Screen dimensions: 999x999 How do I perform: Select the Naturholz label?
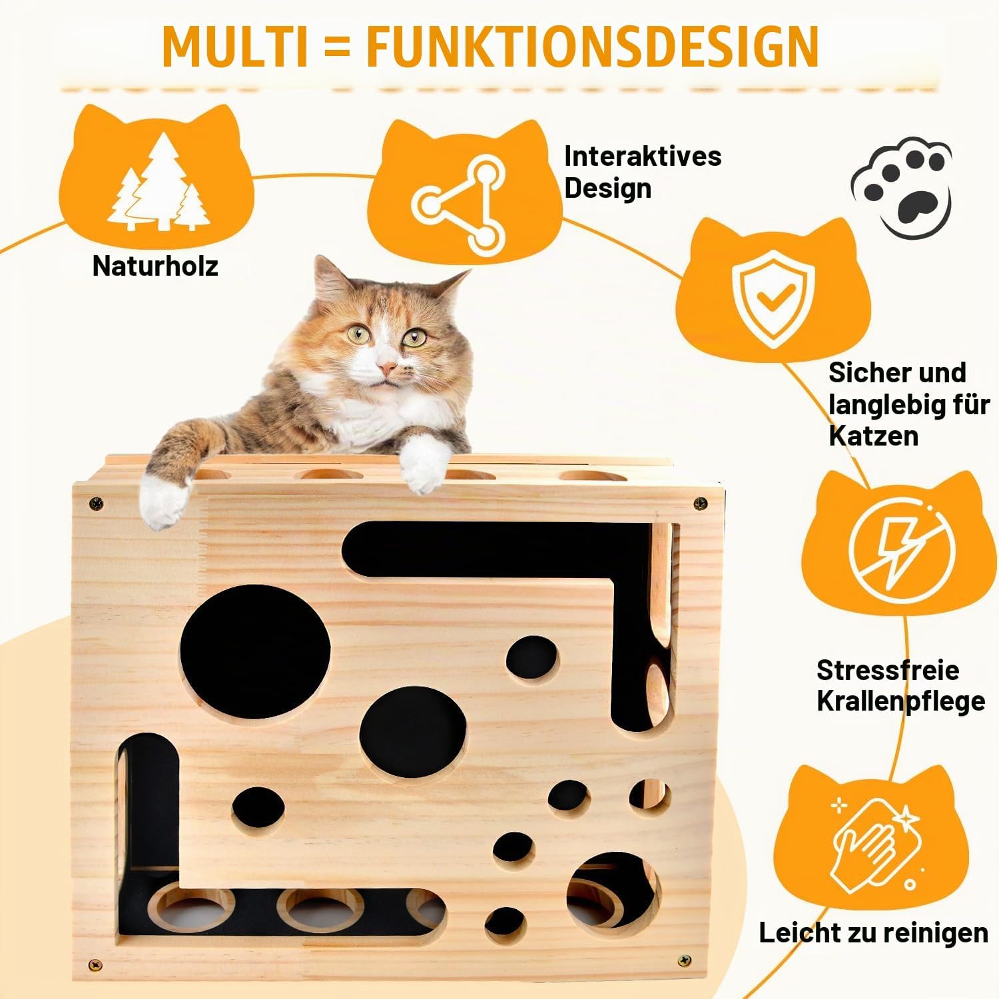pos(155,266)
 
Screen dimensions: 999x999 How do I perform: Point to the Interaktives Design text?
pos(643,172)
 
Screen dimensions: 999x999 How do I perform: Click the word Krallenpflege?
pos(900,701)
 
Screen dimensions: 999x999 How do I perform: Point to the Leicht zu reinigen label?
pos(873,933)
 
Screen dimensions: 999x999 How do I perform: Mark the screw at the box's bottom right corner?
pos(684,960)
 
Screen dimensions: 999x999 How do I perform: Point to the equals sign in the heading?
pos(336,47)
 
